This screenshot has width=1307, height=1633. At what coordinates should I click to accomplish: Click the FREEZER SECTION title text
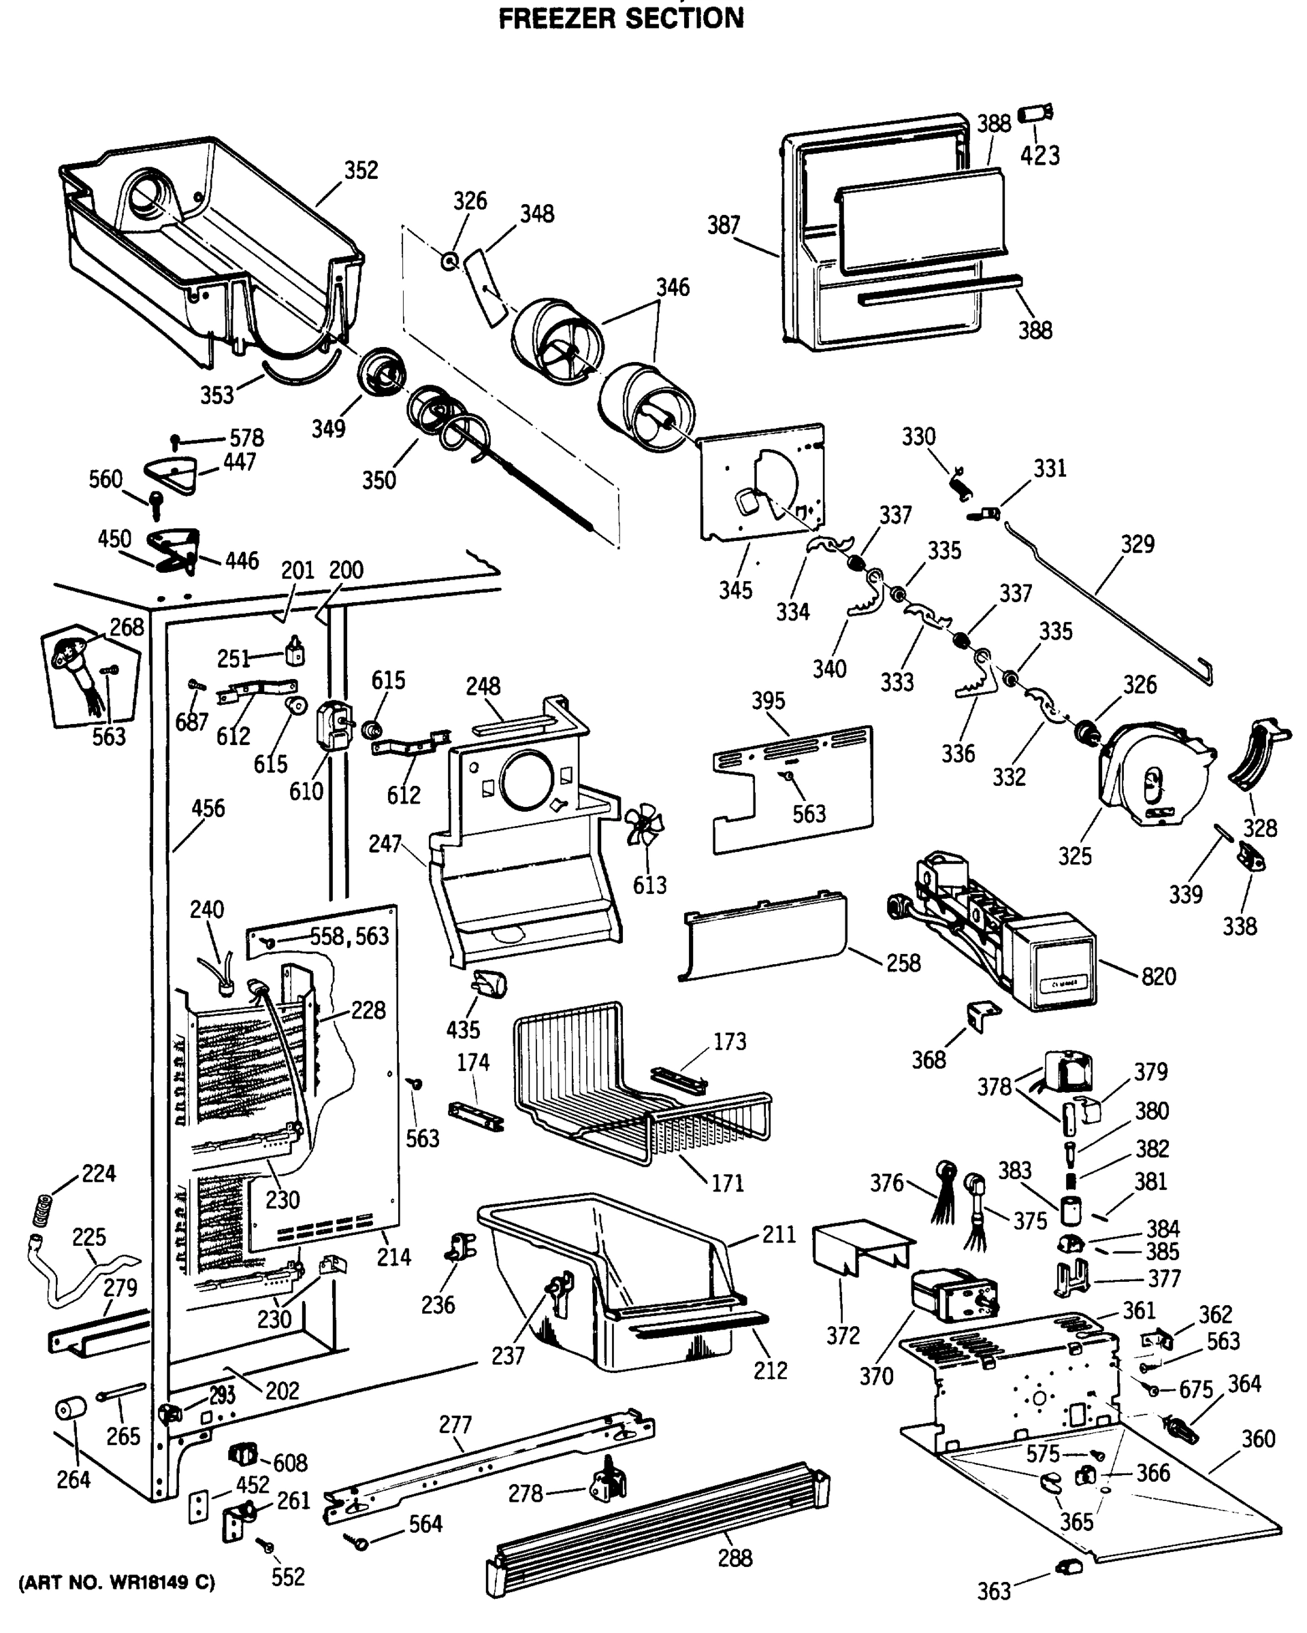[x=621, y=18]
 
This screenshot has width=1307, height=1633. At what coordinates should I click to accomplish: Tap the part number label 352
[x=361, y=170]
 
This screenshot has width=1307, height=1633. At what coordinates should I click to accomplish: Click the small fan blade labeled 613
[x=645, y=825]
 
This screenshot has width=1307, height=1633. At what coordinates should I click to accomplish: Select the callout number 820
[x=1159, y=976]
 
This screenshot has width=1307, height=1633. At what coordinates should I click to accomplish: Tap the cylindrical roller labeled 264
[x=71, y=1410]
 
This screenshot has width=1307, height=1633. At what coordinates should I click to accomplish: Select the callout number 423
[x=1039, y=156]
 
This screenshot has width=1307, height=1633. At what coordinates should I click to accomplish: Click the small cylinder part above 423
[x=1033, y=114]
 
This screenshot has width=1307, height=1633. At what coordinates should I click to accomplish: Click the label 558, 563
[x=349, y=936]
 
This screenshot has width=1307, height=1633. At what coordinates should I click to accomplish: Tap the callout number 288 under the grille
[x=735, y=1558]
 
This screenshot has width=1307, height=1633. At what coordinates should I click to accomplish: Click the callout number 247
[x=385, y=844]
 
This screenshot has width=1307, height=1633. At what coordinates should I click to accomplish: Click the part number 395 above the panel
[x=769, y=701]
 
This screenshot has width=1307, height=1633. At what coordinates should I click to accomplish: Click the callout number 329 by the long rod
[x=1137, y=544]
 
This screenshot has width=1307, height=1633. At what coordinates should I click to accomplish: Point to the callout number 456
[x=208, y=808]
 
